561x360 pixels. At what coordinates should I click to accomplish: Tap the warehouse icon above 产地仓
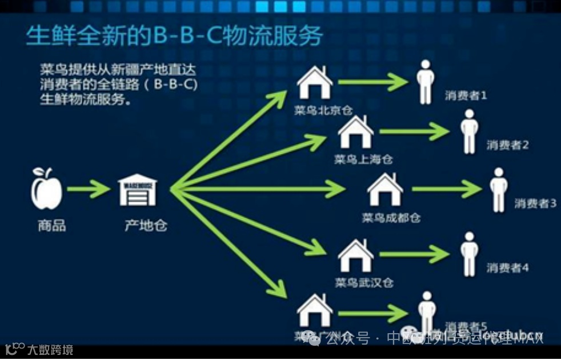pyautogui.click(x=137, y=190)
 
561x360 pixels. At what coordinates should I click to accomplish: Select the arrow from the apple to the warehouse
pyautogui.click(x=88, y=189)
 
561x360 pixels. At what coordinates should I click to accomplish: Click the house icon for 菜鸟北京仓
pyautogui.click(x=315, y=83)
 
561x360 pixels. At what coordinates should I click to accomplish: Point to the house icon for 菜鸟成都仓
pyautogui.click(x=385, y=190)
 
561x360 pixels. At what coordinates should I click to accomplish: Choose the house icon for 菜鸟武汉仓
pyautogui.click(x=355, y=255)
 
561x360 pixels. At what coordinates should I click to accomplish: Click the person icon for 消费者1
pyautogui.click(x=425, y=82)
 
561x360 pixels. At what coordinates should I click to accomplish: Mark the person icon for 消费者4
pyautogui.click(x=469, y=254)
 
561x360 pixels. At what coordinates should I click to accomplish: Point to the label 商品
pyautogui.click(x=52, y=226)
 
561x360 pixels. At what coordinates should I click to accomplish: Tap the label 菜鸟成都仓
pyautogui.click(x=391, y=218)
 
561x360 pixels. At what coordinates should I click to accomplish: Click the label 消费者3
pyautogui.click(x=535, y=203)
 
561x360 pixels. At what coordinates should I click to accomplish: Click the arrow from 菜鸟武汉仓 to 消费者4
pyautogui.click(x=415, y=254)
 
